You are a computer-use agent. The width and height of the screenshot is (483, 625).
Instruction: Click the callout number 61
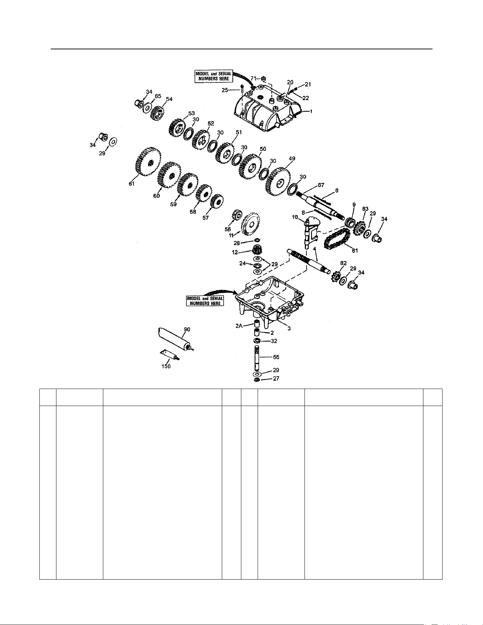click(132, 184)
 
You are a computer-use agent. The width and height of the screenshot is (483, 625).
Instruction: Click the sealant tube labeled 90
click(175, 340)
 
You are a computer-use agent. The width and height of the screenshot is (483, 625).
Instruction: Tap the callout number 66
click(276, 357)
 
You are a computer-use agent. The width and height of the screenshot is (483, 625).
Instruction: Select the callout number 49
click(292, 159)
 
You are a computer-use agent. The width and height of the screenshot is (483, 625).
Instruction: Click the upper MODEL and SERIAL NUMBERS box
click(214, 76)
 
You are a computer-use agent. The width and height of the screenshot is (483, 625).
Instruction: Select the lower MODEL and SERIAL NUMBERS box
click(205, 301)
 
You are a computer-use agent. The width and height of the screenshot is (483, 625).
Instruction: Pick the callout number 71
click(254, 78)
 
